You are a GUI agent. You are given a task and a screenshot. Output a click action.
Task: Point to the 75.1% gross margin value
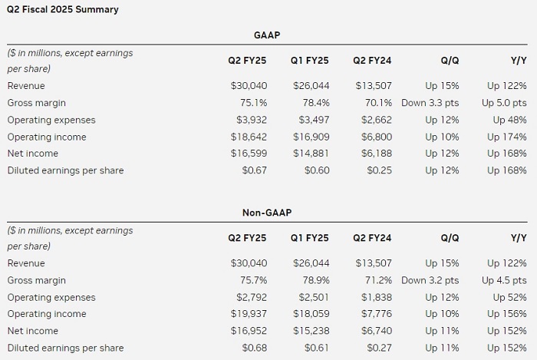tap(252, 103)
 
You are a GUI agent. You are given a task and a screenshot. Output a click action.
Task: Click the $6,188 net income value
tap(376, 154)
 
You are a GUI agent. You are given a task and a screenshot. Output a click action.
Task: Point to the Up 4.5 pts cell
tap(505, 280)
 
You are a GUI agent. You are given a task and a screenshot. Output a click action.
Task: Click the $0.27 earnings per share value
tap(381, 347)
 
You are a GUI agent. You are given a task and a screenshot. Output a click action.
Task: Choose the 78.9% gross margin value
tap(315, 280)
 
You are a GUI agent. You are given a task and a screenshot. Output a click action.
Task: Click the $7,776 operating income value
tap(376, 314)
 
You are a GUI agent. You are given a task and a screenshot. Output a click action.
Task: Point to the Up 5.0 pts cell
tap(505, 103)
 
